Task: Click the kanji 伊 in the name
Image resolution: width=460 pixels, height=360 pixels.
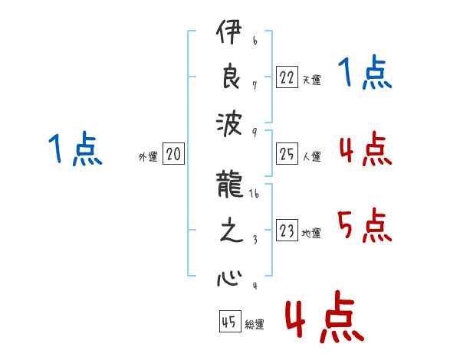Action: pos(229,31)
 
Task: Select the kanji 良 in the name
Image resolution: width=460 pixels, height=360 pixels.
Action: pos(232,76)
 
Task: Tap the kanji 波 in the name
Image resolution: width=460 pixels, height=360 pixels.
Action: pos(229,124)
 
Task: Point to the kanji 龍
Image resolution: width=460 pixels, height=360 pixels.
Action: pos(230,185)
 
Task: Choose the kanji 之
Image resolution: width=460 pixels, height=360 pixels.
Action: pos(232,230)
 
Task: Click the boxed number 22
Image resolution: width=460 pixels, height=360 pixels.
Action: pos(287,77)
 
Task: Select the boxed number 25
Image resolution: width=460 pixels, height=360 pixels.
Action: pos(287,153)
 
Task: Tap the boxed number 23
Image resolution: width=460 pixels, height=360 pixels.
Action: pos(287,230)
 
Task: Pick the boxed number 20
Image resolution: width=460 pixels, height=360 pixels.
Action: pos(173,153)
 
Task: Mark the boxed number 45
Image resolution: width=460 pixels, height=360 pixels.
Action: pos(230,321)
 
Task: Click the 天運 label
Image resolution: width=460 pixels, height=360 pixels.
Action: pos(311,80)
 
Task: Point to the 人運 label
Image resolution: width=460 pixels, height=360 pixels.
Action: pos(311,156)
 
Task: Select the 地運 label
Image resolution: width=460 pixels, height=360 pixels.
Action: pos(311,233)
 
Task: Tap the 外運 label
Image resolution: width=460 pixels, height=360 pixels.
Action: pos(148,156)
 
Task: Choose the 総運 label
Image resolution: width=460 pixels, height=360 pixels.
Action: pos(255,324)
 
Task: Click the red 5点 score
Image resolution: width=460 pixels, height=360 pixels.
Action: pos(365,225)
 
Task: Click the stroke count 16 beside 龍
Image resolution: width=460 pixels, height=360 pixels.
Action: pos(254,194)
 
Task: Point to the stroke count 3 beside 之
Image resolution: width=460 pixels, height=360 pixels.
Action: pos(255,240)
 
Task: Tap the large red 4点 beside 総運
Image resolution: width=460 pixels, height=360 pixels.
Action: pos(325,316)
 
